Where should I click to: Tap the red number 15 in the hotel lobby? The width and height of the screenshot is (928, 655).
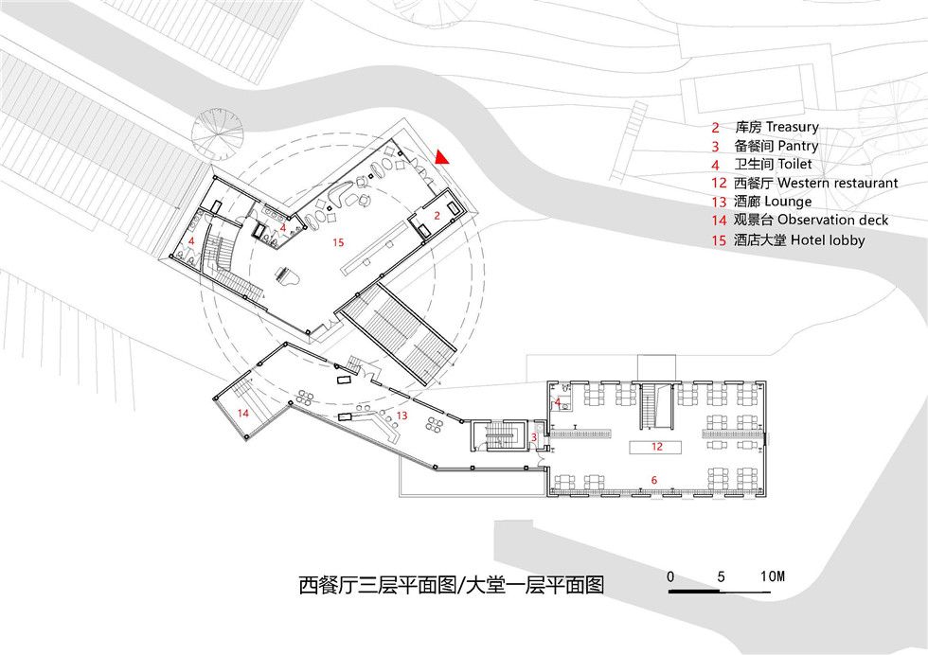tap(338, 242)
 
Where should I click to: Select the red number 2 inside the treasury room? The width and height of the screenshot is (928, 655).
tap(437, 216)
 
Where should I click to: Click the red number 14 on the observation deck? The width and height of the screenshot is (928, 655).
tap(243, 413)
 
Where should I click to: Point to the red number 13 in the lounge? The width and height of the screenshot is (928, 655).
tap(402, 416)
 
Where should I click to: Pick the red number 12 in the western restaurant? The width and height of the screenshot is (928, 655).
tap(657, 447)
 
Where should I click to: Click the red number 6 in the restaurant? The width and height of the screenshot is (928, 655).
tap(654, 480)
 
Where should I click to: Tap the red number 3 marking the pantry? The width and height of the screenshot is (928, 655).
tap(534, 437)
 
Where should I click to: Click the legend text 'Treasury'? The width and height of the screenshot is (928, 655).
tap(793, 127)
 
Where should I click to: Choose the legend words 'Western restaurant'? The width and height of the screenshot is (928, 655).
tap(837, 183)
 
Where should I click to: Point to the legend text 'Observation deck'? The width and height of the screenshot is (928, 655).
tap(832, 221)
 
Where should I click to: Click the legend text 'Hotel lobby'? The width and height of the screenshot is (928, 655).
tap(828, 240)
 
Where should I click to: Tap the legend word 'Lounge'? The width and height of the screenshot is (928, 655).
tap(788, 202)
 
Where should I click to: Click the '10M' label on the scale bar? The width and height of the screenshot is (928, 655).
tap(773, 575)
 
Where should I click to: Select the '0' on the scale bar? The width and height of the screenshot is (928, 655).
tap(670, 576)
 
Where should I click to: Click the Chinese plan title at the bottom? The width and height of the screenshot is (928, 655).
tap(451, 585)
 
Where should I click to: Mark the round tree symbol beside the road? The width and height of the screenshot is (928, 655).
tap(217, 133)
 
